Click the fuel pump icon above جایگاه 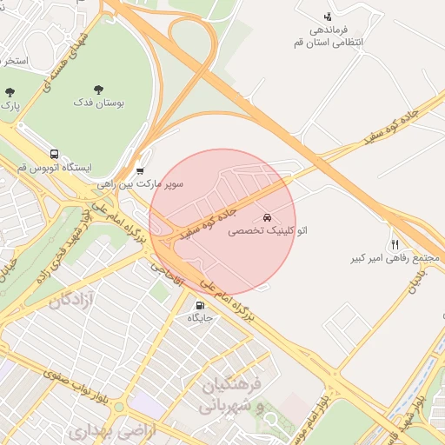201,305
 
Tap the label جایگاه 201,318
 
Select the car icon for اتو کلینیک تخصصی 265,216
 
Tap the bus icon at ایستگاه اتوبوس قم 55,154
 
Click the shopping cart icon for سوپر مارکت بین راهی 141,171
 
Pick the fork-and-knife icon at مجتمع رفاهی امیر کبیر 395,245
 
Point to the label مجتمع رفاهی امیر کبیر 392,259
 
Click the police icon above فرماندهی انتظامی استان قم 327,16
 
